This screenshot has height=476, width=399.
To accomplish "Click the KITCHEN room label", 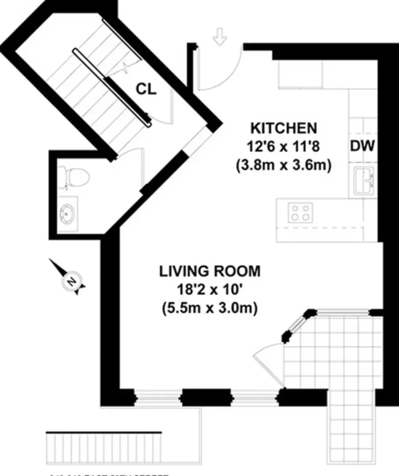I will (x=284, y=128).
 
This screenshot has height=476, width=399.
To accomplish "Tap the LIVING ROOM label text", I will (x=210, y=272).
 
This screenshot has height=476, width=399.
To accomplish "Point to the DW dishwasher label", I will (x=362, y=146).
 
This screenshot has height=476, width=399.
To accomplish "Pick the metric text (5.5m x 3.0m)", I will (x=210, y=308).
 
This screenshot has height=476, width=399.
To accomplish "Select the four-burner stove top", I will (x=300, y=212).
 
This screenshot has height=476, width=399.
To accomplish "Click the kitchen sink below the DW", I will (x=364, y=181).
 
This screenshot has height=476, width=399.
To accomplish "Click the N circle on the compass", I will (x=71, y=281).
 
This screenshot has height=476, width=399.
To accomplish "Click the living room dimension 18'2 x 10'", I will (x=210, y=290).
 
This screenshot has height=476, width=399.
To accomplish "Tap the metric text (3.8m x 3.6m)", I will (x=283, y=165).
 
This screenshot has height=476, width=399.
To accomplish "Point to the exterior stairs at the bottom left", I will (x=104, y=449).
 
